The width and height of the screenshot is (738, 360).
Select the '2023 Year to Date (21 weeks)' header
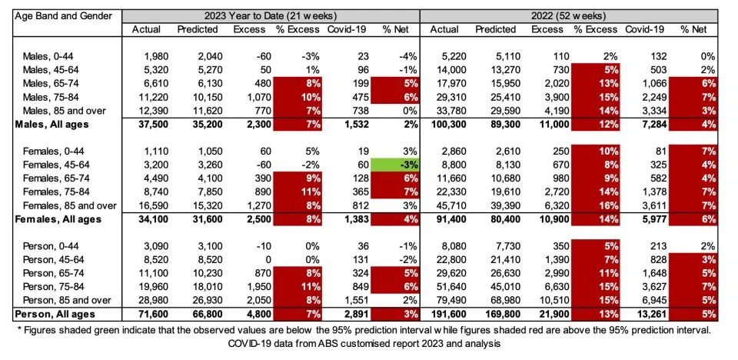pos(270,15)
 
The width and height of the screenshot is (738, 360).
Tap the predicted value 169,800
pos(500,314)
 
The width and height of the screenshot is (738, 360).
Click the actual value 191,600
pos(444,314)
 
